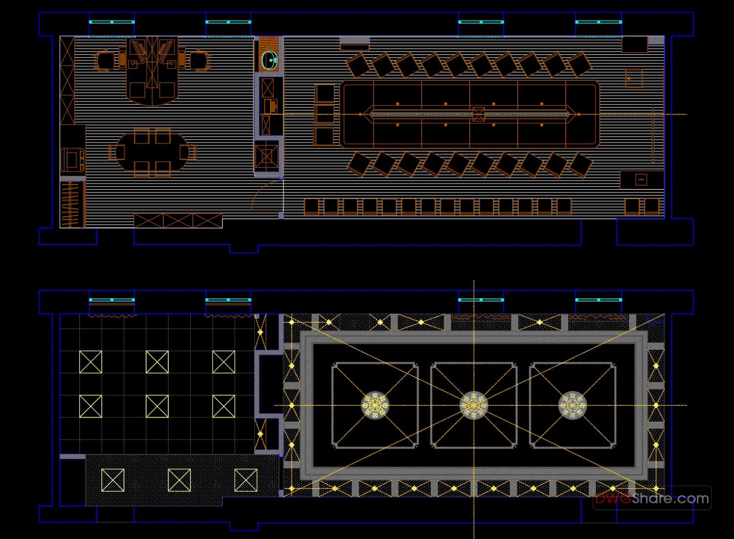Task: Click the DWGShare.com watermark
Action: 652,498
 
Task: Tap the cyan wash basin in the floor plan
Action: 269,60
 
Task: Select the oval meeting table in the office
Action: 152,152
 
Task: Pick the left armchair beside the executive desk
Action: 105,61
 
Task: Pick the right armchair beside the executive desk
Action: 199,61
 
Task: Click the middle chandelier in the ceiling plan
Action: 474,405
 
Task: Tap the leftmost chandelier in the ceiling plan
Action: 375,405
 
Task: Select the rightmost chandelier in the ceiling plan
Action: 572,405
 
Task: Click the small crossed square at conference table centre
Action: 479,114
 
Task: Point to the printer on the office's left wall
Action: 71,159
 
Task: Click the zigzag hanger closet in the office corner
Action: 72,204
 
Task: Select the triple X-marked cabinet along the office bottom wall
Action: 178,221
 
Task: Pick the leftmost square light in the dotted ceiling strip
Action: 113,480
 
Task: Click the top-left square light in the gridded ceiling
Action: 91,362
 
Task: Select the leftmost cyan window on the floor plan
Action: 112,22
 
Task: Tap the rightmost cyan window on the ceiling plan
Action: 598,300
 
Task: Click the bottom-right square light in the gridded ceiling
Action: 224,406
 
